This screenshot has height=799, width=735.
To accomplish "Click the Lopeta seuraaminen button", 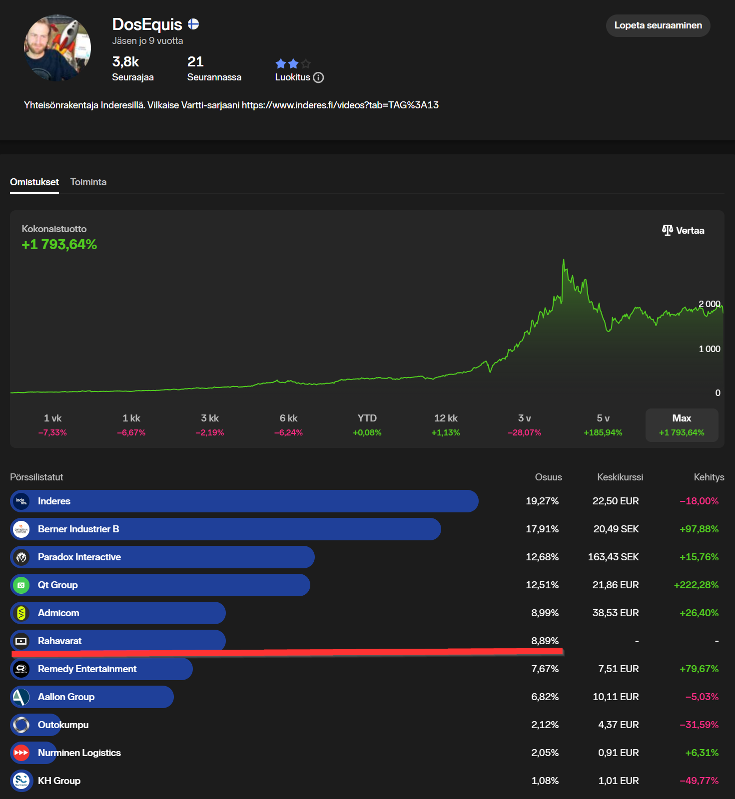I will tap(658, 25).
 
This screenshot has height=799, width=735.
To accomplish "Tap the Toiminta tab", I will tap(88, 182).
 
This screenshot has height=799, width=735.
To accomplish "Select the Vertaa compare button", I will tap(683, 230).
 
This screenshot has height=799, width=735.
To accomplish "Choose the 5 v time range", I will tap(603, 424).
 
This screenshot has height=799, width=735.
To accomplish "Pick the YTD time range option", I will tap(367, 424).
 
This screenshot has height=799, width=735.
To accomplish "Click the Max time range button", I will tap(682, 424).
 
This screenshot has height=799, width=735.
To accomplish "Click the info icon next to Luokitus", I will tap(318, 77).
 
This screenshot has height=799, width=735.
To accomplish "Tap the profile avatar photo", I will tap(57, 48).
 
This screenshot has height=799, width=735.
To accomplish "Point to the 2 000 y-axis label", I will tap(709, 304).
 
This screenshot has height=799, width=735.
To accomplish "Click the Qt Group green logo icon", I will tap(21, 585).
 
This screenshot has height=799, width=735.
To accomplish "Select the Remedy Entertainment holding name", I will tap(87, 669).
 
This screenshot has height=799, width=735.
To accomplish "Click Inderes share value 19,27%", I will tap(542, 501).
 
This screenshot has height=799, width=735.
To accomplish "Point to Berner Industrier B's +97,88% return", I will tap(699, 529).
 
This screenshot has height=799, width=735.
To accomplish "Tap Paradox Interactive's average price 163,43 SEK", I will tap(613, 557).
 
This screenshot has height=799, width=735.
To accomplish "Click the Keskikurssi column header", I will tap(620, 477).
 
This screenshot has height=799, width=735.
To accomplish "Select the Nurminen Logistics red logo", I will tap(21, 753).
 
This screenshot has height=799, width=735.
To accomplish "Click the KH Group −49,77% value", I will tap(699, 781).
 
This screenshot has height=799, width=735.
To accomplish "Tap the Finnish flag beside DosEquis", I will tap(193, 24).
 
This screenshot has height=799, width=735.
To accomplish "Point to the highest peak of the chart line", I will tap(564, 260).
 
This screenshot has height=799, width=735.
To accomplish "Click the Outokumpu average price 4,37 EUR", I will tap(618, 725).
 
